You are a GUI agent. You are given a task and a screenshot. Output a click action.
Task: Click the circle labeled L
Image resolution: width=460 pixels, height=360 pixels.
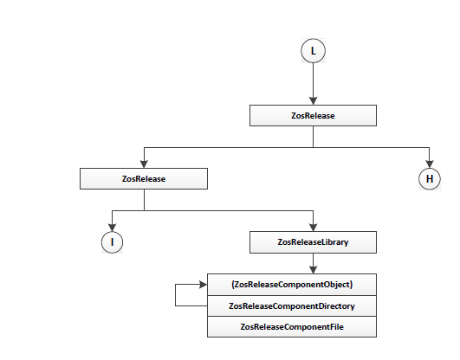(313, 51)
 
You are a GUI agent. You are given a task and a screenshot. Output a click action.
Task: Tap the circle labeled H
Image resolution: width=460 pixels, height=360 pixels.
(430, 179)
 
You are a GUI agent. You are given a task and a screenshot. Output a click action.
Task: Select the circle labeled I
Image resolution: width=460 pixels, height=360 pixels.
(112, 242)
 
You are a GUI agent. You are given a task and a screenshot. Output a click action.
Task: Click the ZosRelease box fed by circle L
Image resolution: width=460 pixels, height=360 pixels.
(313, 115)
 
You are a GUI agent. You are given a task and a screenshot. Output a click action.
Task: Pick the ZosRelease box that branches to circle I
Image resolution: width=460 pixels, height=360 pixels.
(144, 179)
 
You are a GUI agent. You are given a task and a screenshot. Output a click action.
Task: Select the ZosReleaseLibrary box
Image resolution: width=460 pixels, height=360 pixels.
(313, 242)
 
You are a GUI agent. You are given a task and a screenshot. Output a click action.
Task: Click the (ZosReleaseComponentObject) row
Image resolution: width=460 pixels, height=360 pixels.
(292, 285)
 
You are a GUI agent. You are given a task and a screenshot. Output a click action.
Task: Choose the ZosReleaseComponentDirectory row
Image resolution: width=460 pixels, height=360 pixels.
(292, 306)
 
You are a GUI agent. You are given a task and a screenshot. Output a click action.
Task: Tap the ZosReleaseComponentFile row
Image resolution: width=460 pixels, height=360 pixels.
(292, 327)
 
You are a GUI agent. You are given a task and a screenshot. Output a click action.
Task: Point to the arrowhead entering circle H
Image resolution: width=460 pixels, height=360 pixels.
(430, 164)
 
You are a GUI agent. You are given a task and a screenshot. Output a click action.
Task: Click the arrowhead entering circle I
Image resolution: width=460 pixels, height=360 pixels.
(112, 228)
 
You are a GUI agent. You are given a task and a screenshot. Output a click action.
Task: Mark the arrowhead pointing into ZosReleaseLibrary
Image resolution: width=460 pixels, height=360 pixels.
(313, 228)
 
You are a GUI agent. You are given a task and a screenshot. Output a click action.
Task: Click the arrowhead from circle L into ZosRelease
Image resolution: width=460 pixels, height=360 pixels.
(313, 101)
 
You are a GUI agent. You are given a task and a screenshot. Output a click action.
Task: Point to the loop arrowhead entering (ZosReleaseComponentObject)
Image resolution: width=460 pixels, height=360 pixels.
(204, 285)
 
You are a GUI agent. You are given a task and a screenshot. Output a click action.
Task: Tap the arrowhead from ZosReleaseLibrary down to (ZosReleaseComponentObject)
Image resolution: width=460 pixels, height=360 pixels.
(313, 270)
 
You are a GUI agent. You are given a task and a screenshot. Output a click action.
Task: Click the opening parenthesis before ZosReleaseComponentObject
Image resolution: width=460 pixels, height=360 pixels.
(233, 285)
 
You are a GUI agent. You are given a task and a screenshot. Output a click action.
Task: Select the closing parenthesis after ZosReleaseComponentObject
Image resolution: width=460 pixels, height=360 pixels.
(351, 285)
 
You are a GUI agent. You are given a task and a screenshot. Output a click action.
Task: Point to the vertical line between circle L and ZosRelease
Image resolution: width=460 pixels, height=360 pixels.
(313, 80)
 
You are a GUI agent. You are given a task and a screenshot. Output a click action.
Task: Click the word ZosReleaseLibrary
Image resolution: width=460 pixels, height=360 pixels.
(313, 242)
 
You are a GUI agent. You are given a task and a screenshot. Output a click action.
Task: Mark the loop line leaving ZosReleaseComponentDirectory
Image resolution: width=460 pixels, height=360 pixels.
(176, 295)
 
